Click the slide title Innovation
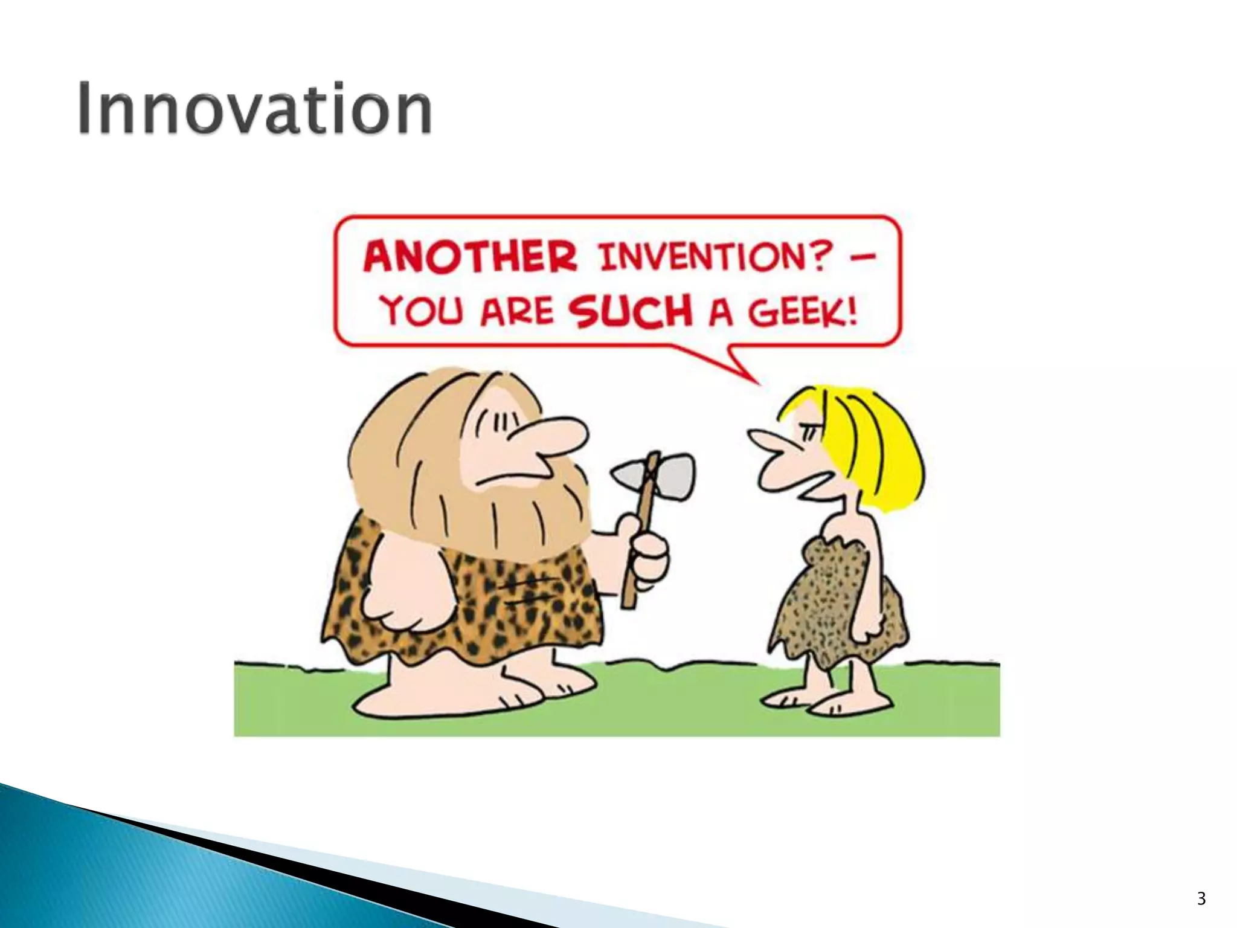254,109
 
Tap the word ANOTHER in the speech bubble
470,257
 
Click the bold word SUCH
631,312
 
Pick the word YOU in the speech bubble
423,312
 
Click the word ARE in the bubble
516,313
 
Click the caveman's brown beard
483,514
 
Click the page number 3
1201,898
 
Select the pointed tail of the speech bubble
746,369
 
